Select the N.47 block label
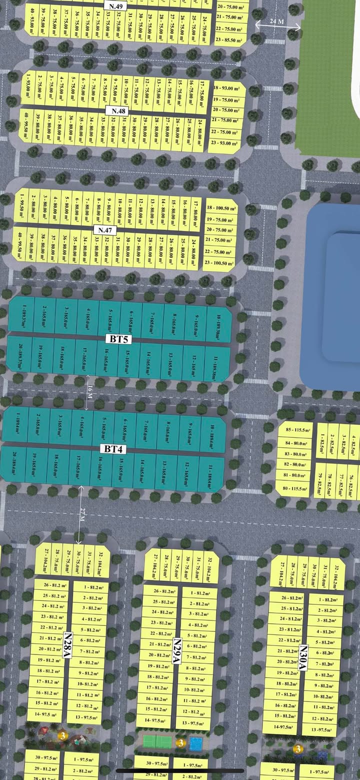click(104, 230)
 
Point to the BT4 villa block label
click(113, 449)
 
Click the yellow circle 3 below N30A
click(298, 749)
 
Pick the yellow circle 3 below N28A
click(62, 736)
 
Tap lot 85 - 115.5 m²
click(295, 430)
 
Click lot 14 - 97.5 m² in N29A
click(155, 720)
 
